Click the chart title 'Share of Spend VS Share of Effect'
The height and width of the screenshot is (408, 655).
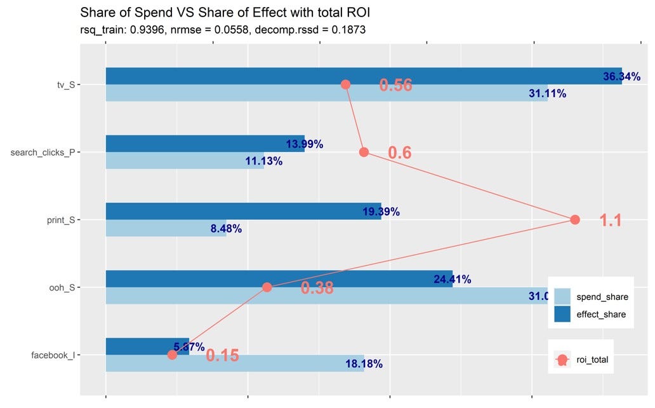coord(225,12)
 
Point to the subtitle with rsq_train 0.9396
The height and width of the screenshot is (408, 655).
coord(223,29)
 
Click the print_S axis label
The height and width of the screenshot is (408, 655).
coord(62,220)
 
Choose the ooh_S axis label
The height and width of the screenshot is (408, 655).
coord(62,287)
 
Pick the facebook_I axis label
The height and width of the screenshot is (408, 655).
coord(53,355)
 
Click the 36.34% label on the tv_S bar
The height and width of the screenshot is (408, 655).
coord(621,77)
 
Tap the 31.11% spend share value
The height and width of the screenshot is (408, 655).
coord(547,93)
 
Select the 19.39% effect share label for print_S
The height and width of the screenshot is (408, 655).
coord(381,212)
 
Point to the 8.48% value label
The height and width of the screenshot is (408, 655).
coord(226,229)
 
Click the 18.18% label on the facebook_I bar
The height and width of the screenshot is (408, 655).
coord(364,364)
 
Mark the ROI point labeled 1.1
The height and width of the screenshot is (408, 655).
coord(575,220)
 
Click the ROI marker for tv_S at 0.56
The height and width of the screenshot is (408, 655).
coord(345,85)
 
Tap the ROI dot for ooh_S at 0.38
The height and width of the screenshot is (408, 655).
coord(267,287)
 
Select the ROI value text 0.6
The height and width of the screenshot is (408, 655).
coord(399,153)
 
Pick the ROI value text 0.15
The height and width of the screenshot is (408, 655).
coord(222,356)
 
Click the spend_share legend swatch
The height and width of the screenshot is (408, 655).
coord(562,297)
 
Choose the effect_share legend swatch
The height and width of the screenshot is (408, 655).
coord(562,314)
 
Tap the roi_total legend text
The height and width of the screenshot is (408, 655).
coord(592,360)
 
